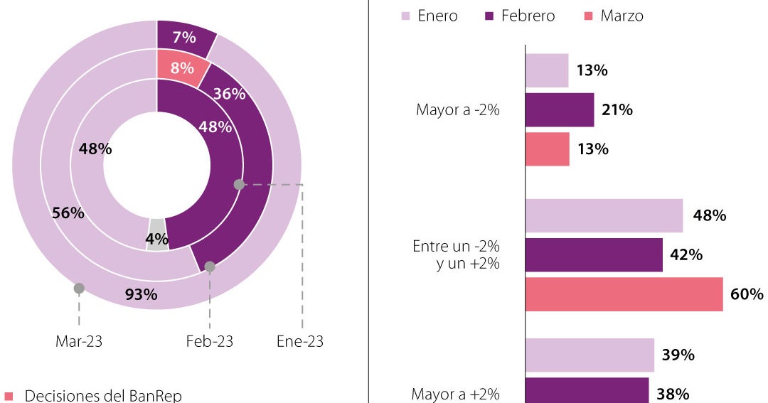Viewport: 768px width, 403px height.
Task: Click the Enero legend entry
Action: (430, 16)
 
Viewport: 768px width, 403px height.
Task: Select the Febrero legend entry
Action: (519, 16)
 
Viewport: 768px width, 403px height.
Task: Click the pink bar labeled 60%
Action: (624, 294)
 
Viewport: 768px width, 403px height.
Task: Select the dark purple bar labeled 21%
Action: (560, 110)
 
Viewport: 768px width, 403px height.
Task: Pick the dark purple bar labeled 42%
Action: (594, 255)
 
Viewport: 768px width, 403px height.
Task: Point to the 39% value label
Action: (677, 355)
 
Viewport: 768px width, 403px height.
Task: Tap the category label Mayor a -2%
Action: (458, 110)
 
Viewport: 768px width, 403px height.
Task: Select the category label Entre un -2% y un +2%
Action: (457, 254)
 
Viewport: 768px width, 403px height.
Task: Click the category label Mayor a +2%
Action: (456, 394)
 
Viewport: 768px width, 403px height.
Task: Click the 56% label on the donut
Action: (68, 213)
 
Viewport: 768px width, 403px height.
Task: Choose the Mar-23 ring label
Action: (79, 342)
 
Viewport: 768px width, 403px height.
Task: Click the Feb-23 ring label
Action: (210, 342)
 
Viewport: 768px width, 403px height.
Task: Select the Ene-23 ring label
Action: (300, 342)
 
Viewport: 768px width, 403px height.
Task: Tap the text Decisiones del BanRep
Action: (103, 396)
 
